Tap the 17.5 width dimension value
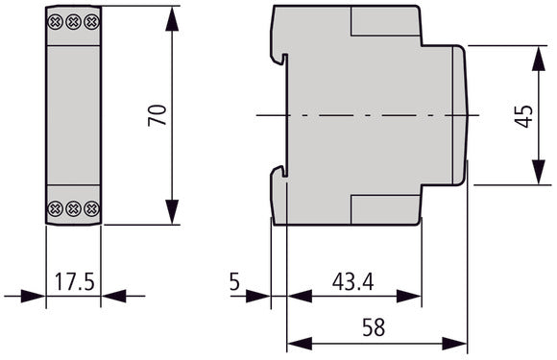(74, 284)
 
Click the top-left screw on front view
(58, 20)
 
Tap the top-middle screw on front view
(74, 20)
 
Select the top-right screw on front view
(90, 20)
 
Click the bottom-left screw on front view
(58, 207)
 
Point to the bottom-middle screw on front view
(74, 207)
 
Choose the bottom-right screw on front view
(90, 207)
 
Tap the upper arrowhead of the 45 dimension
(534, 52)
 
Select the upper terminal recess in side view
(384, 20)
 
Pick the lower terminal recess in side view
(384, 208)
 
